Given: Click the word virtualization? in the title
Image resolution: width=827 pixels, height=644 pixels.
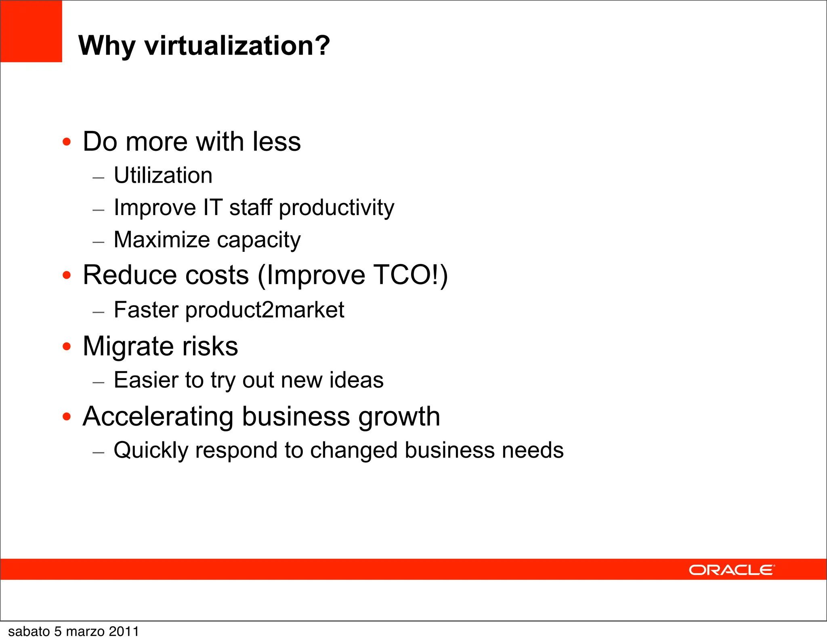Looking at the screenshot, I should tap(237, 45).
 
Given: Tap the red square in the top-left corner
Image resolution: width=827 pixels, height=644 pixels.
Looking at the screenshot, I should tap(31, 31).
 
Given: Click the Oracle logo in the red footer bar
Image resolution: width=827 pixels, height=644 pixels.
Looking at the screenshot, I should tap(732, 570).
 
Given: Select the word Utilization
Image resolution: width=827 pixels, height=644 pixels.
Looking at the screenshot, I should tap(163, 175).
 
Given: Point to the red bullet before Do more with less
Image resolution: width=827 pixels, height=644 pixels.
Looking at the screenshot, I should tap(67, 142).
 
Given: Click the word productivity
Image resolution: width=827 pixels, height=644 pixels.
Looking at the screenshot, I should tap(336, 208).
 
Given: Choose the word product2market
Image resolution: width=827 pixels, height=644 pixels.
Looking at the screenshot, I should tap(265, 310).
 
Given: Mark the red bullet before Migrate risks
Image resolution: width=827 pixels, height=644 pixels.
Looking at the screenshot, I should tap(67, 346).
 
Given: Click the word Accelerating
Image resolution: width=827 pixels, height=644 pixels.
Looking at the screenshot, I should tap(158, 416).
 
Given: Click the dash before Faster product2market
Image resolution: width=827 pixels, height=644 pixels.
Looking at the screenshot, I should tap(99, 312).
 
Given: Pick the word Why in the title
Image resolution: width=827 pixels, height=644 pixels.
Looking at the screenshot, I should tap(107, 46).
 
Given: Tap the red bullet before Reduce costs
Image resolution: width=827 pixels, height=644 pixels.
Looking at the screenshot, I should tap(67, 275).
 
